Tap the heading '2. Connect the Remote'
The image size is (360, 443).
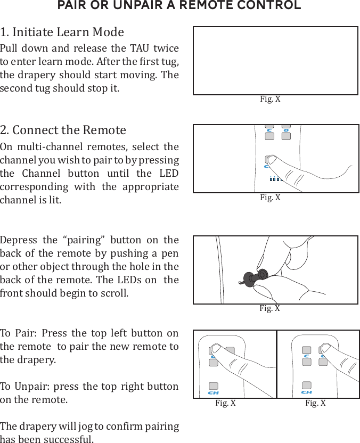point(63,130)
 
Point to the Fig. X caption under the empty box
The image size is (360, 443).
point(270,99)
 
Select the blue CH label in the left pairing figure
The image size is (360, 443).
point(213,392)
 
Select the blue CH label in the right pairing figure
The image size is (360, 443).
point(306,392)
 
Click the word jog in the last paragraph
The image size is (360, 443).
point(79,426)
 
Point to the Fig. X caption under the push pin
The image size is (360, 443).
point(269,308)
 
